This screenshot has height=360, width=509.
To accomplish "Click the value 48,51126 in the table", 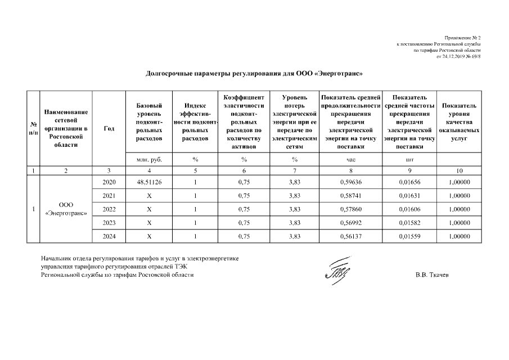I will pyautogui.click(x=149, y=183).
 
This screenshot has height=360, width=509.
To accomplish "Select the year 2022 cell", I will pyautogui.click(x=109, y=209).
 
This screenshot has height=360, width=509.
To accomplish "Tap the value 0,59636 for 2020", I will pyautogui.click(x=351, y=183).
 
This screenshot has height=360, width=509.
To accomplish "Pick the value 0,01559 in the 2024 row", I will pyautogui.click(x=408, y=236).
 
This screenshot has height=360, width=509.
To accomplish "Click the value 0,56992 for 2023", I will pyautogui.click(x=351, y=223).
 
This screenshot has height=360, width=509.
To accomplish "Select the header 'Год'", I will pyautogui.click(x=109, y=129).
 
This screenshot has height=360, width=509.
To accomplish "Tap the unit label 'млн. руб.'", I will pyautogui.click(x=149, y=160).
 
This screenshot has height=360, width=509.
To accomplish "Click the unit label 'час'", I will pyautogui.click(x=351, y=160).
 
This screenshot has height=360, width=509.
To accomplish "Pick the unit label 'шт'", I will pyautogui.click(x=408, y=160).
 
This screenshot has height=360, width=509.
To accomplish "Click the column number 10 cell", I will pyautogui.click(x=459, y=170).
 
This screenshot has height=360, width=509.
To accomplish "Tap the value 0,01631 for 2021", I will pyautogui.click(x=408, y=196).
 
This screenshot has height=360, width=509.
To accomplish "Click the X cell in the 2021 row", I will pyautogui.click(x=149, y=196).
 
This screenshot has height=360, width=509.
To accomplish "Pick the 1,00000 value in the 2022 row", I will pyautogui.click(x=459, y=209).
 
